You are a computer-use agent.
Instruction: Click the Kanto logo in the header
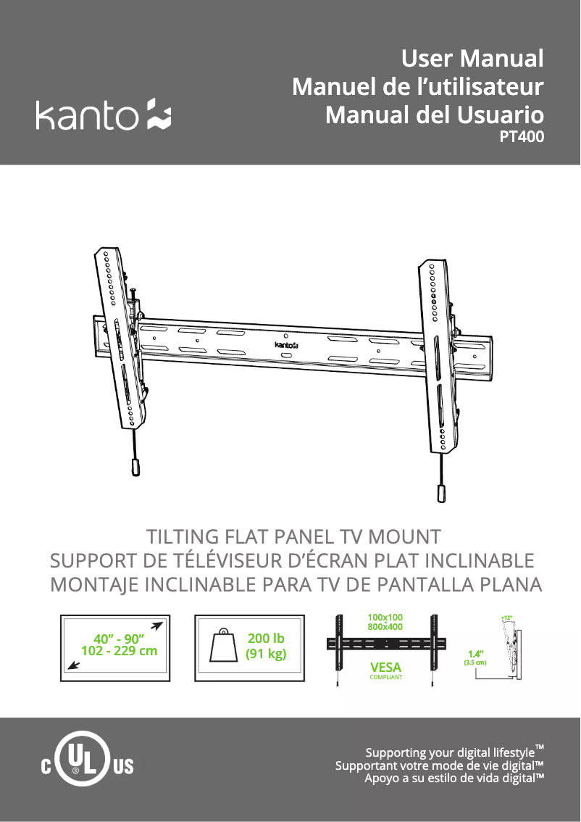coord(103,115)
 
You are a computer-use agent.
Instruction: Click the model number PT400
coord(522,137)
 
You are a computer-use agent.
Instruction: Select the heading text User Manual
coord(472,58)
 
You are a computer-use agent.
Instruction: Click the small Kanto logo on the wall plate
coord(286,344)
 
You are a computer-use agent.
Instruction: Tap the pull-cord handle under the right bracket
coord(441,494)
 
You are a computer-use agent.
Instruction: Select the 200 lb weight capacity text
coord(266,638)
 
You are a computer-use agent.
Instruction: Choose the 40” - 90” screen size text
coord(118,639)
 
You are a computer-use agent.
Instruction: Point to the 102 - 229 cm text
coord(119,651)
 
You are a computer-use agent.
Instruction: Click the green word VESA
coord(385,668)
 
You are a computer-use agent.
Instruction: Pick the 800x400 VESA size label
coord(385,627)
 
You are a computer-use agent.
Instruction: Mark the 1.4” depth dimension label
coord(476,654)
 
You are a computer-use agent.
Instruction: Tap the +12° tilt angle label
coord(506,618)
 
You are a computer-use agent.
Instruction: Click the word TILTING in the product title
coord(183,537)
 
